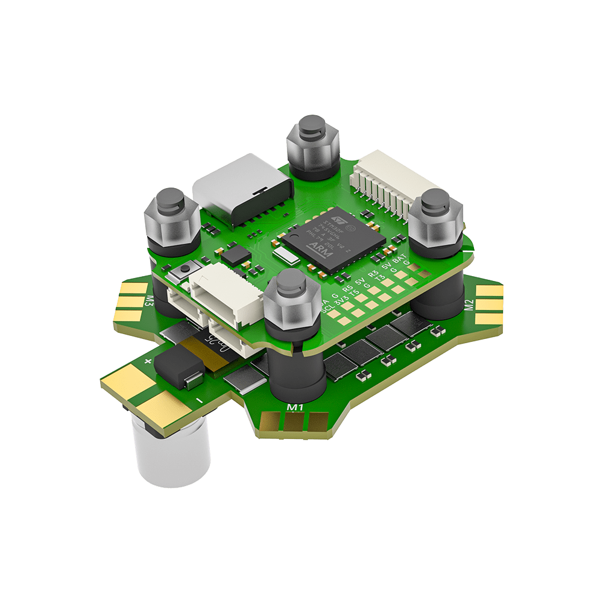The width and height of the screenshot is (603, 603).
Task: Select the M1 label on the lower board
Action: tap(295, 408)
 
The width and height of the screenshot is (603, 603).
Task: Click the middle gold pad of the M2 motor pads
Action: tap(489, 305)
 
